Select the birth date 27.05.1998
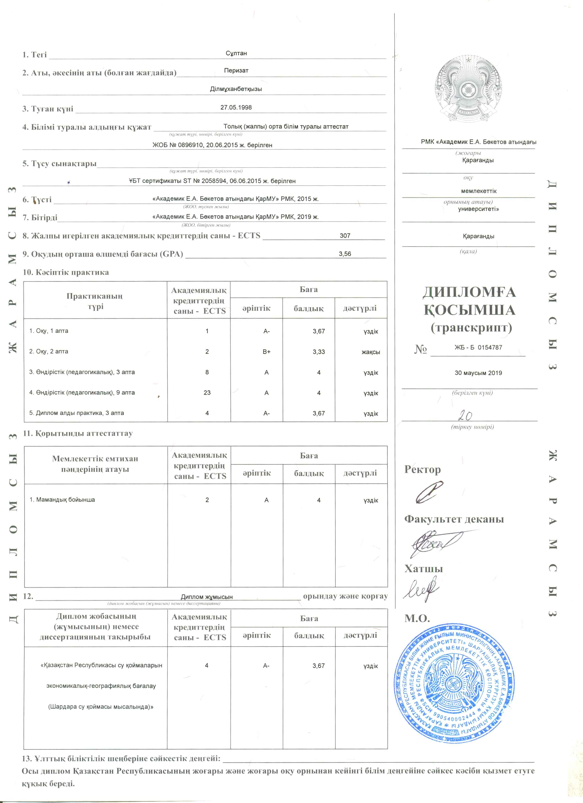(x=236, y=107)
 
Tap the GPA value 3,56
(x=345, y=254)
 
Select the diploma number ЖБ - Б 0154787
(x=478, y=347)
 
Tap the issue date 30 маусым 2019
(x=478, y=373)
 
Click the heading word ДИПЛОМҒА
(x=469, y=292)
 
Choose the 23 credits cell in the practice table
(x=207, y=393)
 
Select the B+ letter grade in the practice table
(x=266, y=352)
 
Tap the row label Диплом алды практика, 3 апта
(x=76, y=413)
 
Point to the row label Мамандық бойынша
(x=62, y=500)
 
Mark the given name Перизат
(x=236, y=70)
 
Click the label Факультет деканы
(x=454, y=519)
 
